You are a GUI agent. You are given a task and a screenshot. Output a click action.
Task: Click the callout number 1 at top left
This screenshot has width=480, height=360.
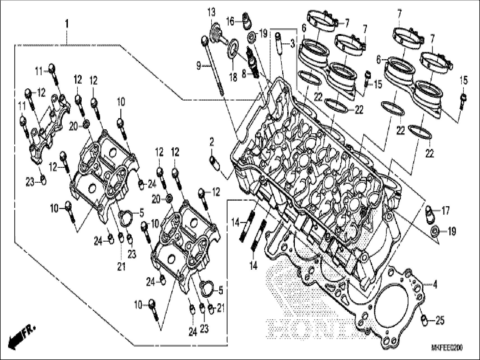tap(66, 24)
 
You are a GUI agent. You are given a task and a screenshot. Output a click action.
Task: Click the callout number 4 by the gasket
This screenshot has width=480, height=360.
tap(435, 285)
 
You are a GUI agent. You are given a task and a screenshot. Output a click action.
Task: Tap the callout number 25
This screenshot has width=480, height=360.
tap(440, 320)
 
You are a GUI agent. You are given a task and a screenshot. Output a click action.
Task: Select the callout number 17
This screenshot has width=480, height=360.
tap(445, 210)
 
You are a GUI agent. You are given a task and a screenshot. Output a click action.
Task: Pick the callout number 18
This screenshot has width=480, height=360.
tap(233, 77)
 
